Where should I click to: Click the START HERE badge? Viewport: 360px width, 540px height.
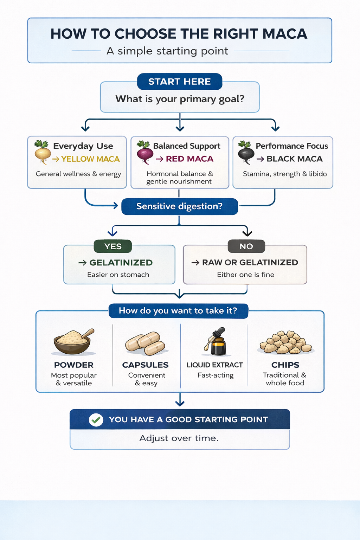click(179, 82)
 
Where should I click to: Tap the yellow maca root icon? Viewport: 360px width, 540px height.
click(42, 152)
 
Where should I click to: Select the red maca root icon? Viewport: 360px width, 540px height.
click(144, 152)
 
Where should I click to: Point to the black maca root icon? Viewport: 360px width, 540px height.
click(246, 152)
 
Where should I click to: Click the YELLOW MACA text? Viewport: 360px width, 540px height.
click(90, 159)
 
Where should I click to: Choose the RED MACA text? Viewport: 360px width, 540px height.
click(189, 159)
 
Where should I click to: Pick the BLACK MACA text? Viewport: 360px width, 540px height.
click(294, 159)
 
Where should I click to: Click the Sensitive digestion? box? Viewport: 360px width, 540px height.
click(179, 206)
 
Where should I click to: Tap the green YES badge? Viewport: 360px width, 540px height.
click(112, 246)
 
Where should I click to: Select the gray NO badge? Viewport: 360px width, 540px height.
click(246, 246)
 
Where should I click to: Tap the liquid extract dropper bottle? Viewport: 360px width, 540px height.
click(216, 342)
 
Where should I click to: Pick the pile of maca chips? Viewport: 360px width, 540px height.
click(285, 342)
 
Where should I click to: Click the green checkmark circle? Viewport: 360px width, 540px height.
click(96, 419)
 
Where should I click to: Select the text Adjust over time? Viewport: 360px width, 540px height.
click(179, 438)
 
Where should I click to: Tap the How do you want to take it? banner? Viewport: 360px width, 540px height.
click(178, 311)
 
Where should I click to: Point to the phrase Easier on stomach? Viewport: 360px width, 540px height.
click(118, 275)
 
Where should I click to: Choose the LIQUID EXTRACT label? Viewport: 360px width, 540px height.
click(214, 365)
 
